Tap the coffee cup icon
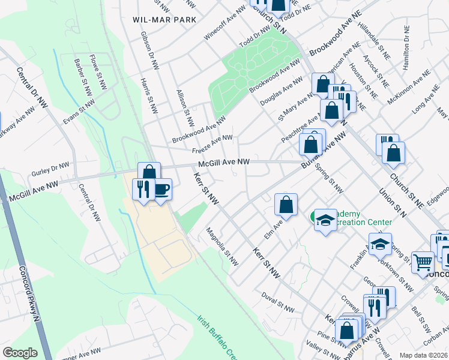161,190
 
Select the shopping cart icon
423,262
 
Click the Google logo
20,352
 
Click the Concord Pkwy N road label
29,287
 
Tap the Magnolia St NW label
222,247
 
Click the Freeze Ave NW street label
212,143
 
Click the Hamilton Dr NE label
408,44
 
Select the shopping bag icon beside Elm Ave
287,205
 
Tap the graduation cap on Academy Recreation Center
325,220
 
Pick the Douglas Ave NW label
282,92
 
